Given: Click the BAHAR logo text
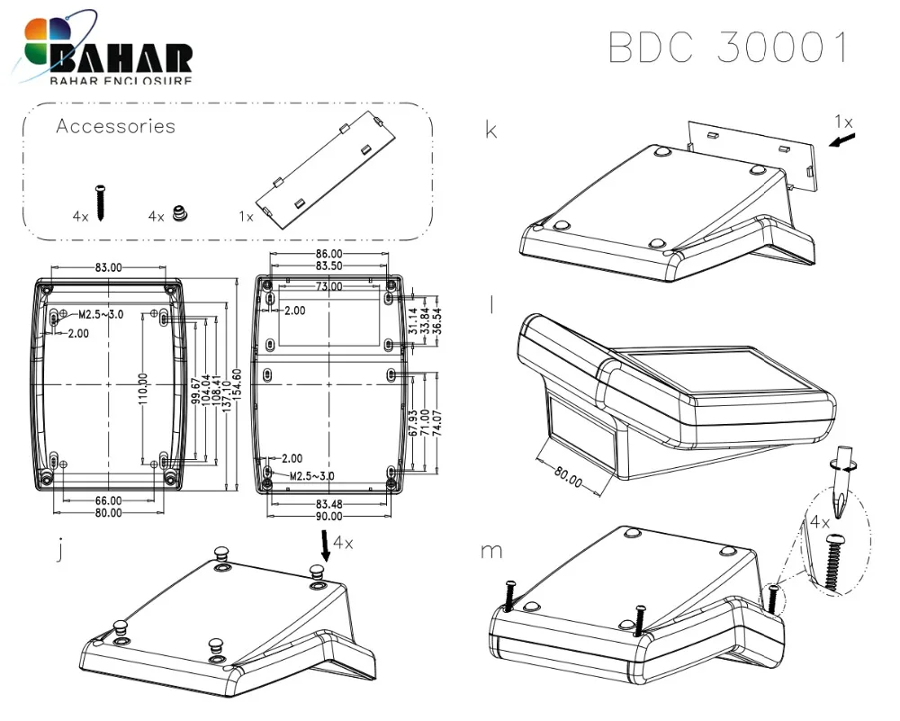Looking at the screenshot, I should (122, 59).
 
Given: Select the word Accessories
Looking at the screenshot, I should (115, 126).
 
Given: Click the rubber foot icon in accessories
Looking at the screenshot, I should (182, 215).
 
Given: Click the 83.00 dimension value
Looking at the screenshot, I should (108, 267).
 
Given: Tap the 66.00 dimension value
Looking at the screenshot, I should (108, 500).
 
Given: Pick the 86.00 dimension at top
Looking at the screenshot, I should (328, 255).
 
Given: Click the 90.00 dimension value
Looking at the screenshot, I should (328, 516).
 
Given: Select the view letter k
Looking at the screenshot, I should (491, 131).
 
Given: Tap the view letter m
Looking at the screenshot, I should (491, 550).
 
